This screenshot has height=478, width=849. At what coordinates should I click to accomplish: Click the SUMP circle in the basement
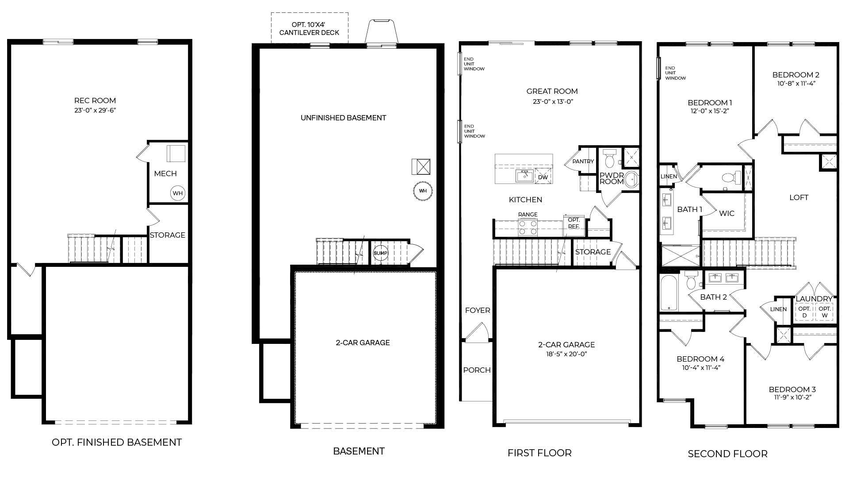pos(380,253)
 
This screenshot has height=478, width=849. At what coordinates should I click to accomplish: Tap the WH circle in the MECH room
pos(177,193)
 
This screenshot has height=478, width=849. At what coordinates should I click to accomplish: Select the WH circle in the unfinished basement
pos(423,191)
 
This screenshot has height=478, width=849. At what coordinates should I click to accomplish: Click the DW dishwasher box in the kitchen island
pos(543,177)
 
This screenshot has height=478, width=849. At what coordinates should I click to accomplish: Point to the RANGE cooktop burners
pos(528,227)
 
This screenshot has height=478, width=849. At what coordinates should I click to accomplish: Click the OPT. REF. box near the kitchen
pos(574,223)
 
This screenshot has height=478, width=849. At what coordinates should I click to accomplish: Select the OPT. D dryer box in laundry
pos(804,312)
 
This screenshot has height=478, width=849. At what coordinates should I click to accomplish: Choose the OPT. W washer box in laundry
pos(824,312)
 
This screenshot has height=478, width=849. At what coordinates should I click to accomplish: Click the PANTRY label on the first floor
pos(583,162)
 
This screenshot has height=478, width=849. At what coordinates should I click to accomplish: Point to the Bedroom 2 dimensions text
pos(796,83)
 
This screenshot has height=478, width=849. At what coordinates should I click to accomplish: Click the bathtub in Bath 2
pos(669,293)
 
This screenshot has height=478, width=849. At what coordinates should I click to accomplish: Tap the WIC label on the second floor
pos(727,213)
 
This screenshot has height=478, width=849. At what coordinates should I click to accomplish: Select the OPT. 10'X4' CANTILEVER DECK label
pos(309,29)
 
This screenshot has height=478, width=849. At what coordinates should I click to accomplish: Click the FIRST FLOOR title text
pos(539,453)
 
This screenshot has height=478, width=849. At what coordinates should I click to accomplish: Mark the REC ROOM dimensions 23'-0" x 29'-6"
pos(95,110)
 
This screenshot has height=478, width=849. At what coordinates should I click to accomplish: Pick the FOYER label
pos(477,310)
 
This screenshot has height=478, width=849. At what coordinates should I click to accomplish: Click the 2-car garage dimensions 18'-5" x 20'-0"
pos(566,354)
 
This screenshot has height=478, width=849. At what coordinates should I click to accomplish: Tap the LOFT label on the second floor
pos(799,197)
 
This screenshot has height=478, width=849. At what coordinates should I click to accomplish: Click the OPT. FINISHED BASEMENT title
pos(117,442)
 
